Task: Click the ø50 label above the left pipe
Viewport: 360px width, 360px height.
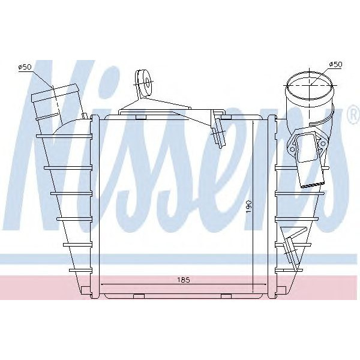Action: click(x=25, y=67)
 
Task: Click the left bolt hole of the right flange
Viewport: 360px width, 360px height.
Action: click(x=292, y=144)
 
